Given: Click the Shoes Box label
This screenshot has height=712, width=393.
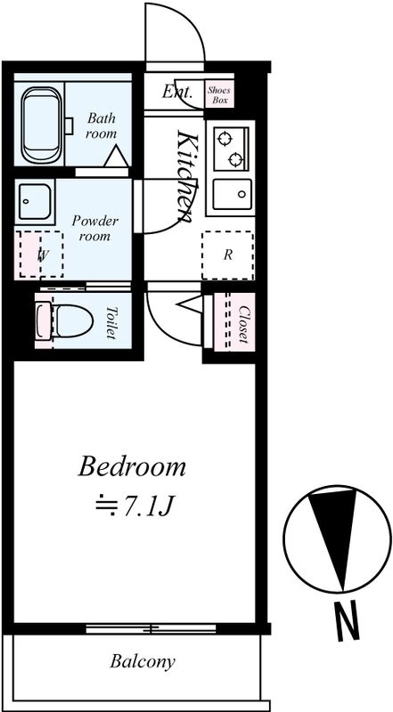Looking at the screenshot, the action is pyautogui.click(x=219, y=94).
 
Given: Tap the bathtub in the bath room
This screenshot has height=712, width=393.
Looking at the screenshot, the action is pyautogui.click(x=41, y=125).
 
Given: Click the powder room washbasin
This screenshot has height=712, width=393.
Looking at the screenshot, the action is pyautogui.click(x=35, y=202).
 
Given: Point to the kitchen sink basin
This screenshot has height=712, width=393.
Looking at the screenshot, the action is pyautogui.click(x=232, y=194).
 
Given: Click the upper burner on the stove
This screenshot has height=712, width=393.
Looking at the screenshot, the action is pyautogui.click(x=225, y=138).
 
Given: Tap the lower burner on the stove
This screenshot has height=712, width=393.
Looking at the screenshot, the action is pyautogui.click(x=235, y=159).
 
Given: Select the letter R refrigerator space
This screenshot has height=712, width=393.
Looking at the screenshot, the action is pyautogui.click(x=228, y=255).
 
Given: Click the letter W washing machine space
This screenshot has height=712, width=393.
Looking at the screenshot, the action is pyautogui.click(x=42, y=255).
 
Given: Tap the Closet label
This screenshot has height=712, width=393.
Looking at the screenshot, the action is pyautogui.click(x=243, y=324).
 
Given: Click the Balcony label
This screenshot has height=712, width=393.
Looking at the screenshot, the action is pyautogui.click(x=143, y=661).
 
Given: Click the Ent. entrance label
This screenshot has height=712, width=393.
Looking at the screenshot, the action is pyautogui.click(x=177, y=92).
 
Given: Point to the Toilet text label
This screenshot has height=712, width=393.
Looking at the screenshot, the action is pyautogui.click(x=111, y=322).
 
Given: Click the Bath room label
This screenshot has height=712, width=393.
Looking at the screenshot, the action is pyautogui.click(x=102, y=126).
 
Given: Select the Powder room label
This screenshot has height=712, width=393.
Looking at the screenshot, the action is pyautogui.click(x=94, y=229).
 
